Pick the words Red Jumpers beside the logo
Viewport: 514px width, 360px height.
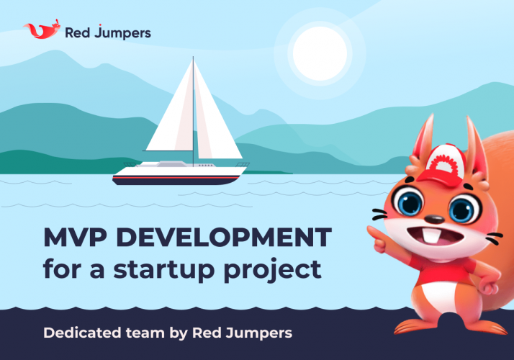(x=107, y=32)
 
